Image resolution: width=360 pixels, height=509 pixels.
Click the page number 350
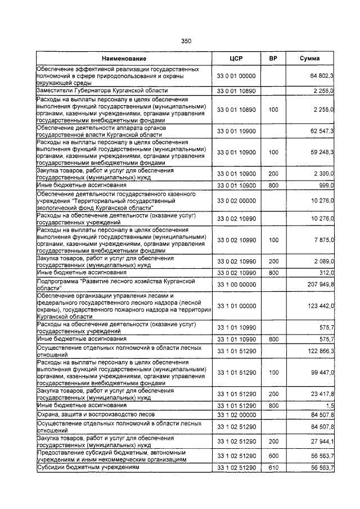pyautogui.click(x=186, y=40)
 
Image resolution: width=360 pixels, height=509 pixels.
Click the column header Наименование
pyautogui.click(x=124, y=58)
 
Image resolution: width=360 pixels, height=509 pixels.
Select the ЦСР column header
pyautogui.click(x=236, y=58)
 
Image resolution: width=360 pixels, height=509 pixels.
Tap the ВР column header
pyautogui.click(x=273, y=58)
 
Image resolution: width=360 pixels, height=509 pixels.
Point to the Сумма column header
pyautogui.click(x=310, y=58)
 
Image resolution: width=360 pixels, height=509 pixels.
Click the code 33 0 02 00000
pyautogui.click(x=236, y=201)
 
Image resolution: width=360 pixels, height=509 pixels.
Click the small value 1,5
pyautogui.click(x=330, y=405)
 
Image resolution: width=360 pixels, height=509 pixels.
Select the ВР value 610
pyautogui.click(x=273, y=467)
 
